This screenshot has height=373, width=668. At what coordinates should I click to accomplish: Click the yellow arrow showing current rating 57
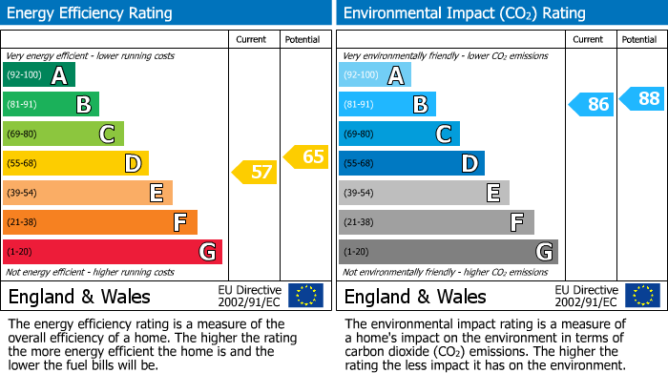pyautogui.click(x=254, y=173)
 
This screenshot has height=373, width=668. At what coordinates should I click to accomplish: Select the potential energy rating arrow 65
pyautogui.click(x=305, y=156)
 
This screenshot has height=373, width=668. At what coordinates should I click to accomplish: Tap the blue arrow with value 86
pyautogui.click(x=591, y=104)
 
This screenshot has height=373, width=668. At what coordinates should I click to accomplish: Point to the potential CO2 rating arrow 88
pyautogui.click(x=642, y=97)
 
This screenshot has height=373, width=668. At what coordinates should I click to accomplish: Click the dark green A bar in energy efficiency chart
pyautogui.click(x=39, y=75)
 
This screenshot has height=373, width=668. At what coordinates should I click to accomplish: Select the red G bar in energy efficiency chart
pyautogui.click(x=113, y=252)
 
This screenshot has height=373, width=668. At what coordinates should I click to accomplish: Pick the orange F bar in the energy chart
pyautogui.click(x=100, y=222)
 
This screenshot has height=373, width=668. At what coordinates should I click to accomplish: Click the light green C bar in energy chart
pyautogui.click(x=64, y=134)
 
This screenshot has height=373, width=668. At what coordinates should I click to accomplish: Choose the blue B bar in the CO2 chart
pyautogui.click(x=387, y=104)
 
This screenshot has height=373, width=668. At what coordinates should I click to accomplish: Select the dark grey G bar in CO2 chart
pyautogui.click(x=448, y=252)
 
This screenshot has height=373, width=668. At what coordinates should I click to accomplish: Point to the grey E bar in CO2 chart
pyautogui.click(x=424, y=193)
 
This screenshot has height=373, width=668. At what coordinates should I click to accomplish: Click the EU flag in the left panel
pyautogui.click(x=306, y=296)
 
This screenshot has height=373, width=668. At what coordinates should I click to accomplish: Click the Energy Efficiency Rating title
pyautogui.click(x=91, y=13)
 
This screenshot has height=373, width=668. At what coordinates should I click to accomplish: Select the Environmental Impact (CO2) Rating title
pyautogui.click(x=464, y=13)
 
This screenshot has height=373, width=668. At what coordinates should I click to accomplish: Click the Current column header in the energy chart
pyautogui.click(x=252, y=39)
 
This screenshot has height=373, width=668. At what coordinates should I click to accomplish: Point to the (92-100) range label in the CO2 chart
pyautogui.click(x=361, y=75)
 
